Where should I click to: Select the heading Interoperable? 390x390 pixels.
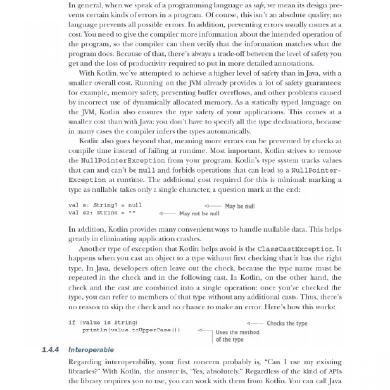(x=91, y=350)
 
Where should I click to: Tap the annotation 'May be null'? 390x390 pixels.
(x=239, y=206)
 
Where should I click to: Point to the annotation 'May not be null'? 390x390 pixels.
(x=199, y=214)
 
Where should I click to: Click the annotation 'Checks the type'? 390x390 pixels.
(x=287, y=323)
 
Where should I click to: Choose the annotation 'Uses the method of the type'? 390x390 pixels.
(x=237, y=336)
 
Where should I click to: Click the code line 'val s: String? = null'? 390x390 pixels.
(x=105, y=205)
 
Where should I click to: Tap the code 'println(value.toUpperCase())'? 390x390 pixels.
(x=131, y=330)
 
